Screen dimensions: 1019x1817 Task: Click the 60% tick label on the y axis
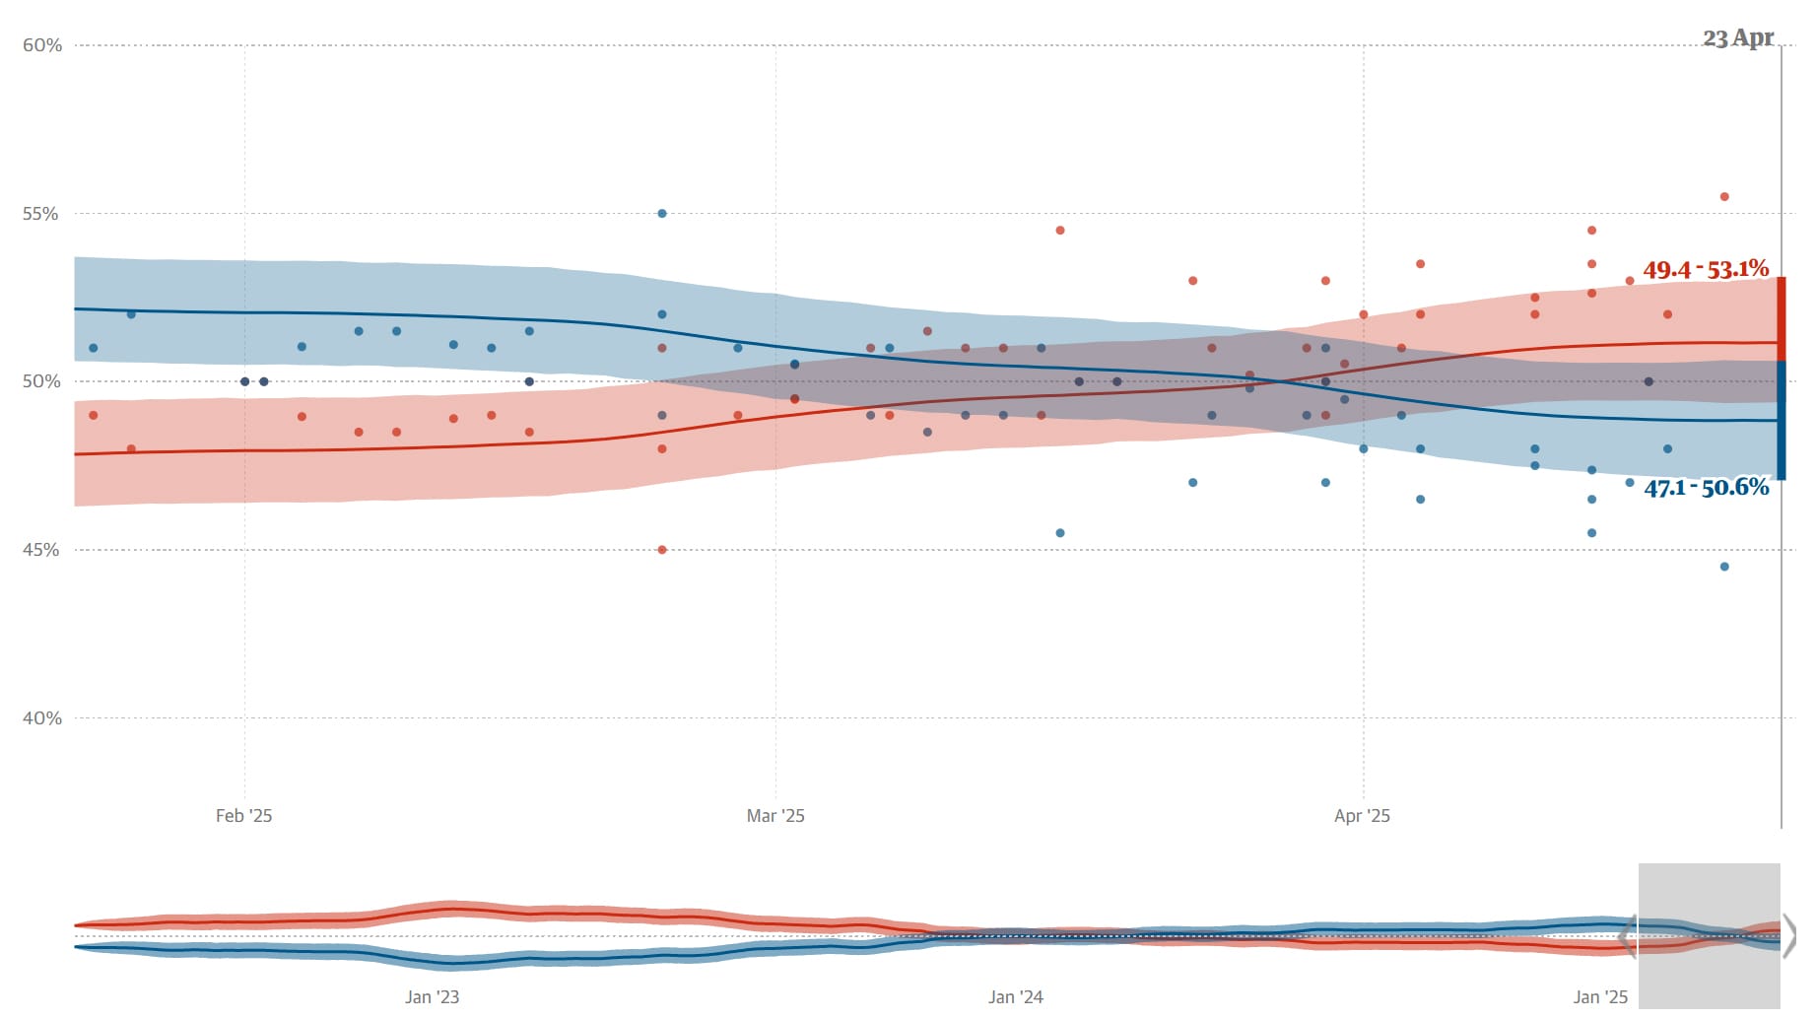click(x=42, y=45)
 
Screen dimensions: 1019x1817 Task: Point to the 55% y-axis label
click(x=42, y=214)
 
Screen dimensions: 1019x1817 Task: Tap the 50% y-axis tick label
click(x=42, y=382)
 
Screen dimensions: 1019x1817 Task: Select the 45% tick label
click(x=42, y=550)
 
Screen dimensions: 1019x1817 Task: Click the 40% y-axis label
click(x=42, y=718)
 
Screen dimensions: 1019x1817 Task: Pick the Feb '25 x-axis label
click(x=243, y=816)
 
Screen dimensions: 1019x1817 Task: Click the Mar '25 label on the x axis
click(x=775, y=816)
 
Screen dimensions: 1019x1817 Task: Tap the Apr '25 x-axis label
click(x=1362, y=816)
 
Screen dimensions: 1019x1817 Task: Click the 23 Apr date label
click(x=1738, y=38)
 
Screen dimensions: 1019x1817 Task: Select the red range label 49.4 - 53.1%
click(x=1706, y=269)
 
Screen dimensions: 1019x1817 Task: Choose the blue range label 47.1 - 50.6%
click(x=1707, y=487)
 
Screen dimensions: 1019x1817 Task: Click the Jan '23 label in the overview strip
click(x=432, y=997)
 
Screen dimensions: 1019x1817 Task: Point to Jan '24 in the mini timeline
click(x=1015, y=997)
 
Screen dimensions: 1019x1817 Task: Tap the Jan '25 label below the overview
click(x=1600, y=997)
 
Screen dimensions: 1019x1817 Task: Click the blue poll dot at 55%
click(x=662, y=214)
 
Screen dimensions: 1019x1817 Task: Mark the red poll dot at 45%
click(x=662, y=550)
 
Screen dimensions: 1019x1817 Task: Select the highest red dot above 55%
click(x=1724, y=197)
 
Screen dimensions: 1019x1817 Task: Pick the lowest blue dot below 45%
click(x=1724, y=567)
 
